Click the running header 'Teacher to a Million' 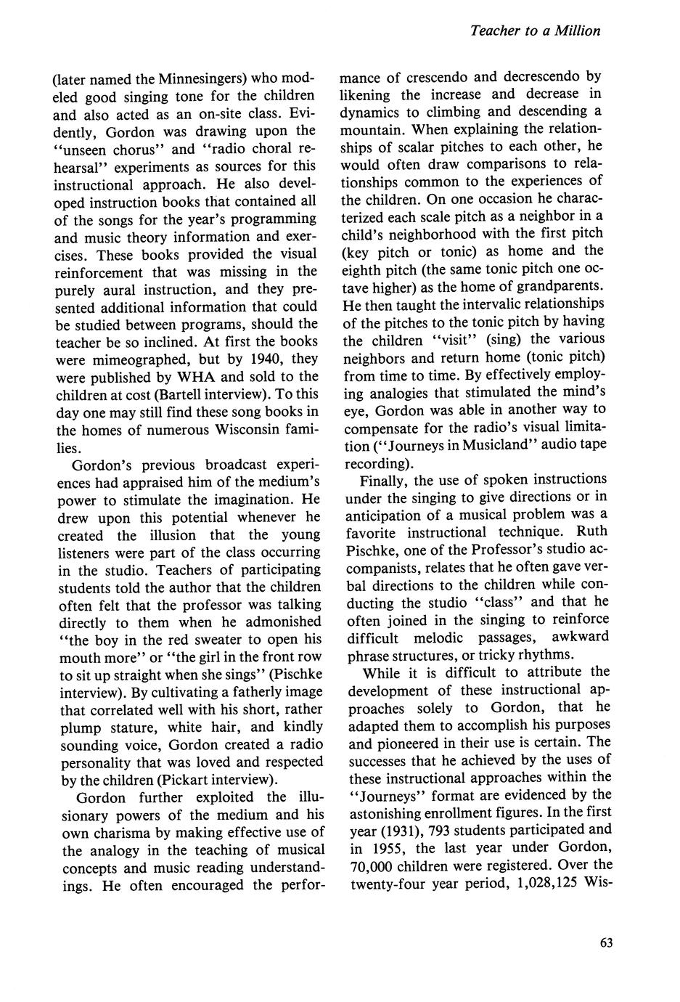click(x=535, y=30)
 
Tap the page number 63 click(x=607, y=942)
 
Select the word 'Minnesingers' click(x=197, y=78)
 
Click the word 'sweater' click(x=218, y=639)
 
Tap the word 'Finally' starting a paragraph click(x=382, y=479)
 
